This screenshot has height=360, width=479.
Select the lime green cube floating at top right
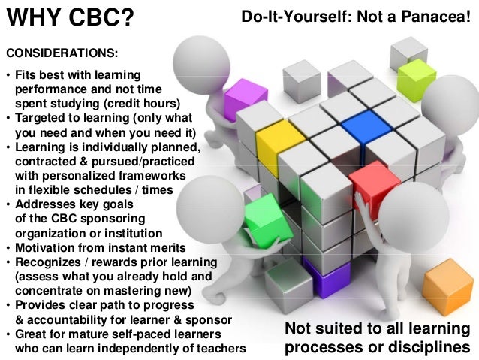(417, 75)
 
